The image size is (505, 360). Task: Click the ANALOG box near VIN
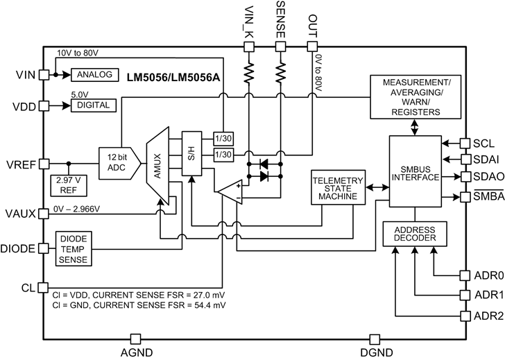click(89, 75)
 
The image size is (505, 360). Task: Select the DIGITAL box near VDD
click(89, 105)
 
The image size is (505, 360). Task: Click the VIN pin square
click(43, 75)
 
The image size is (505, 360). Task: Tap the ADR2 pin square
click(463, 316)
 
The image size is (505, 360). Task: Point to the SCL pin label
click(483, 142)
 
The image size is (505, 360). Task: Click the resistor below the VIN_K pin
click(249, 71)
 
